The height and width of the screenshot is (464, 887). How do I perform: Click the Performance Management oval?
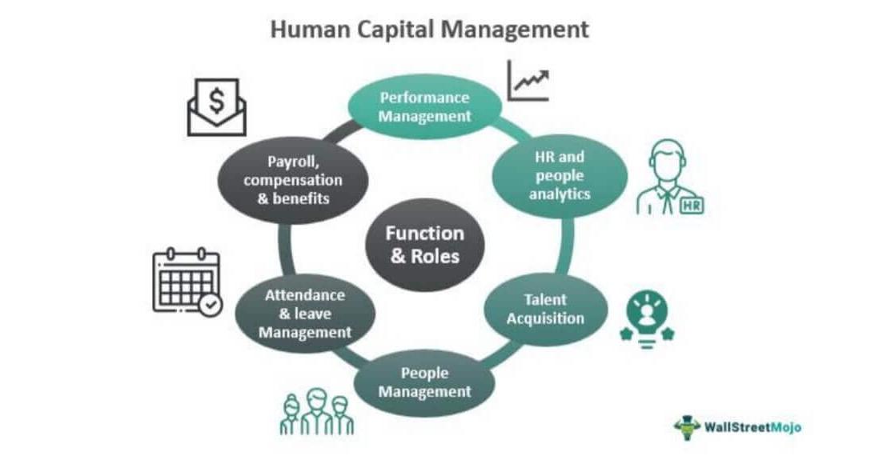[424, 107]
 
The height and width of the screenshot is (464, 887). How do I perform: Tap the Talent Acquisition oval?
[544, 309]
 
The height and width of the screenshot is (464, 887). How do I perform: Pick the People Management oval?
[424, 382]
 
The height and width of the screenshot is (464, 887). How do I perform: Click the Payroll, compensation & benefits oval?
[293, 179]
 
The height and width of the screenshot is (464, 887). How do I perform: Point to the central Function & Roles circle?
[424, 245]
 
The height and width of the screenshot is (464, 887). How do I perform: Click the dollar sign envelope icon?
[216, 106]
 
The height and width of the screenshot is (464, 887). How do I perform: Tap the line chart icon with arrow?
[528, 81]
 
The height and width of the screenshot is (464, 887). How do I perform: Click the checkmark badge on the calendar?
[211, 305]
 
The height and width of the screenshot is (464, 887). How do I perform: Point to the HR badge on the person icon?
[689, 206]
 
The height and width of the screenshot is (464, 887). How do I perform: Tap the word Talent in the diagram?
[545, 299]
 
